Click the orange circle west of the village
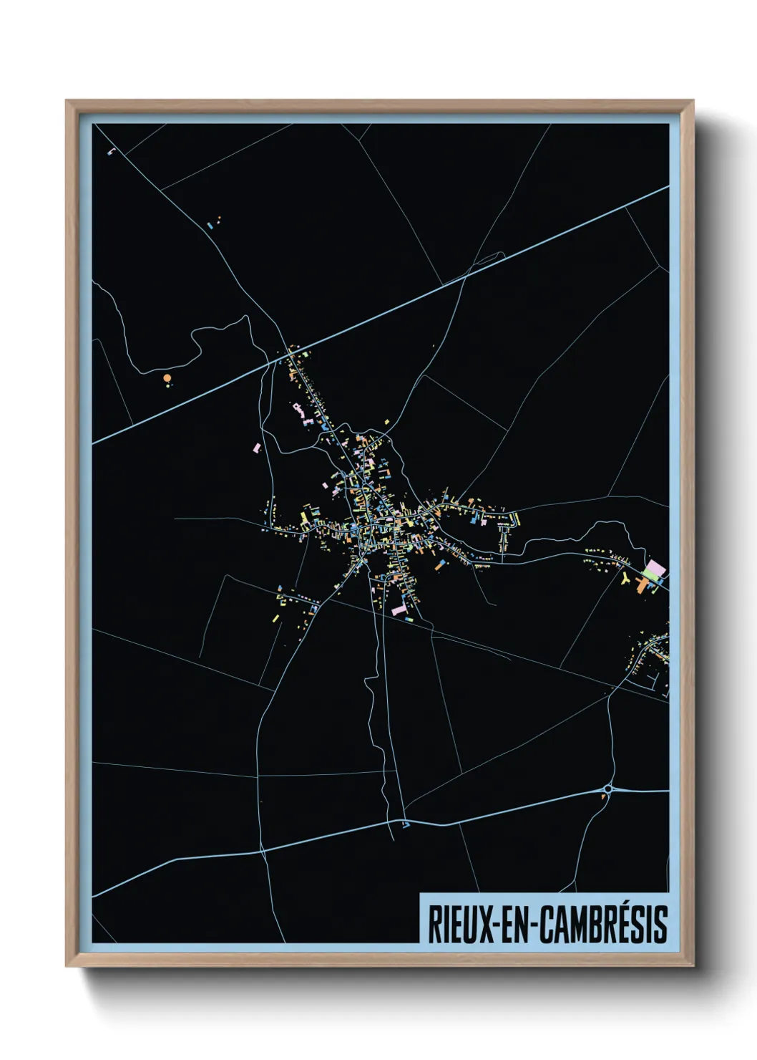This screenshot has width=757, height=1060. coord(167,377)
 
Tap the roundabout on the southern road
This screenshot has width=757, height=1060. coord(607,789)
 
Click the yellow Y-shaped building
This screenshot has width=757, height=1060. coord(626,577)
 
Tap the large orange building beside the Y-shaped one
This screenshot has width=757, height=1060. coord(641,587)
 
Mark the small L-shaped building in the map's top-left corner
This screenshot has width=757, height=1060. coord(111,151)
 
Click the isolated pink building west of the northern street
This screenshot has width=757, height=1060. coord(257,448)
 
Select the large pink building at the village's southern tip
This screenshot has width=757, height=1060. coord(399,609)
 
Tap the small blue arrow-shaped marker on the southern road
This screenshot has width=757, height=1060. coord(406,825)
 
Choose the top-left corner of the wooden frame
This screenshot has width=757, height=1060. coord(67,101)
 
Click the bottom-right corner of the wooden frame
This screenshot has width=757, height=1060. coord(693,966)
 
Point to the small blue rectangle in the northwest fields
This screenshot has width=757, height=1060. coord(210,225)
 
